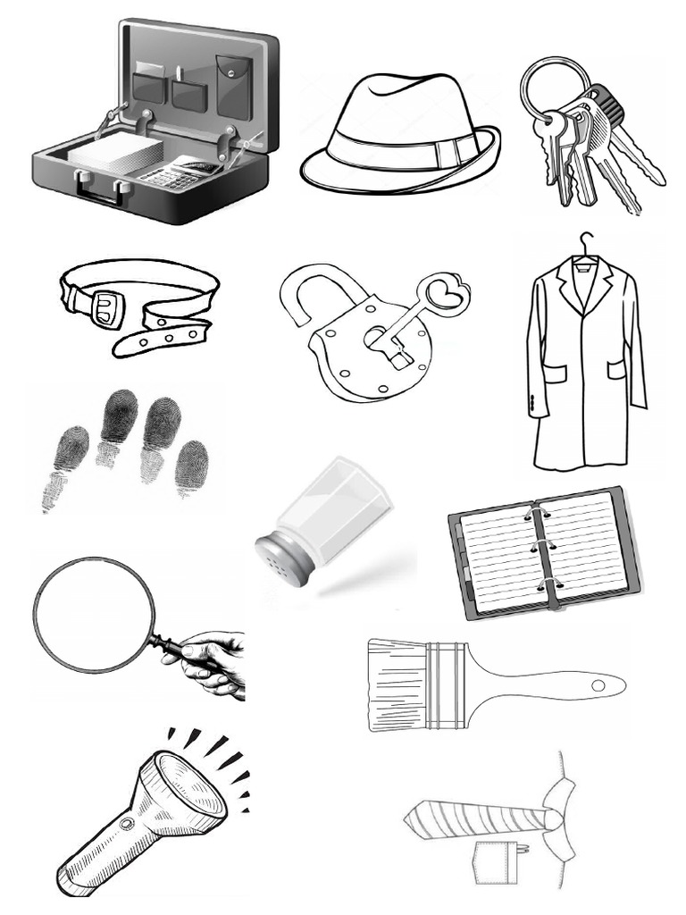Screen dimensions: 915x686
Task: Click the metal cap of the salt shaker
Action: coord(282,558)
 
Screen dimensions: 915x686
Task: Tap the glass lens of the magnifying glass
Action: coord(93,614)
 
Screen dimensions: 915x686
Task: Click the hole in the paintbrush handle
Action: coord(598,685)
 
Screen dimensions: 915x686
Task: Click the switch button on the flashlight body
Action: coord(126,822)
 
